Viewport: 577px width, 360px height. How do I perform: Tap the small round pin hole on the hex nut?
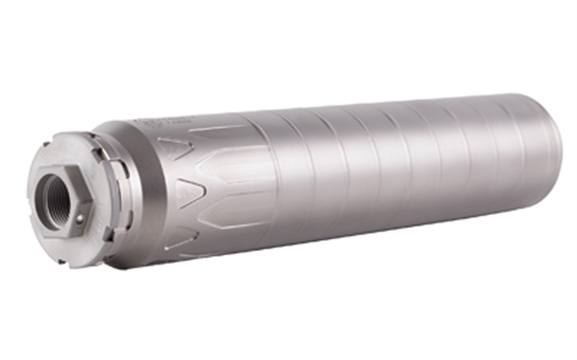coord(79,219)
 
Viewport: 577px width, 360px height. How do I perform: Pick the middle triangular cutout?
coord(192,192)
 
